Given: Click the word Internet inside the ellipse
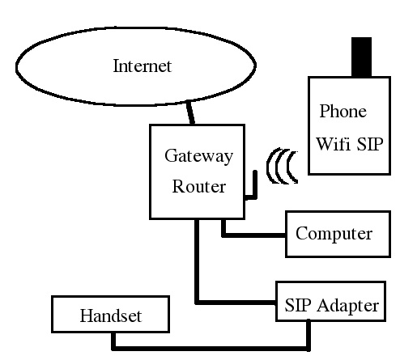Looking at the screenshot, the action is point(143,66).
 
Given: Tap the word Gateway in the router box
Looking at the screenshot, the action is point(198,156).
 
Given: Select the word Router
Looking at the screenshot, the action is point(199,186).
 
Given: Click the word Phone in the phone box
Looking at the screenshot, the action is point(343,111).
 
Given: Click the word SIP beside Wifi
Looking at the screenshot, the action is point(370,144).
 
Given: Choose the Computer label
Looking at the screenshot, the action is point(334,234).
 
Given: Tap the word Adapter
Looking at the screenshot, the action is point(348,306).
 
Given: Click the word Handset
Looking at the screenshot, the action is point(111,316).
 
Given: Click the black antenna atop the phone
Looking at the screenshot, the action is point(361,57).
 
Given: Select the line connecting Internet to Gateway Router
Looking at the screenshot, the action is point(191,112).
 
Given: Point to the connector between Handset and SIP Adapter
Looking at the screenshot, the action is point(211,349).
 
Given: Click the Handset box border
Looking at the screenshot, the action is point(110,296).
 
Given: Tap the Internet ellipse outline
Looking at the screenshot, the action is point(136,28).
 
